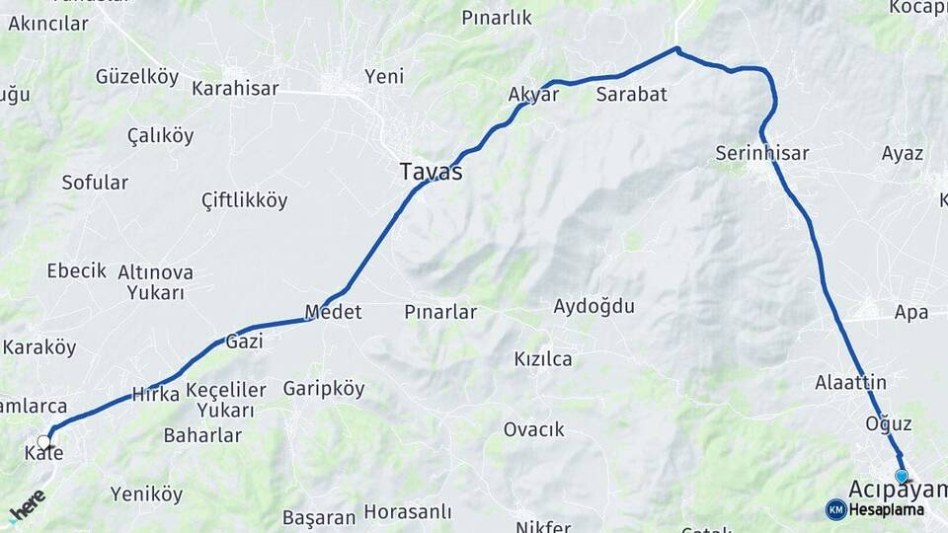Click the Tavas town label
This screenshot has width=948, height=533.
click(x=431, y=171)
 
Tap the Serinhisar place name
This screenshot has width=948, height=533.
click(x=761, y=153)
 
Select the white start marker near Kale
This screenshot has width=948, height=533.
click(x=44, y=441)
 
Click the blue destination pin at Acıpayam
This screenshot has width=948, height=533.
click(x=901, y=477)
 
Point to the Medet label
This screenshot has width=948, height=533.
click(x=333, y=312)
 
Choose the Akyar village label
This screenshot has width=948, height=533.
click(x=533, y=95)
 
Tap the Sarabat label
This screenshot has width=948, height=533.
click(x=632, y=95)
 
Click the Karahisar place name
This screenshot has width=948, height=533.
click(x=235, y=88)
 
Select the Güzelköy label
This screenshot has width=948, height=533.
click(x=136, y=76)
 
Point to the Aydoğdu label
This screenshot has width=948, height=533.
click(x=593, y=306)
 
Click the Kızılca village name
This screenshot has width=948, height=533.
click(x=543, y=358)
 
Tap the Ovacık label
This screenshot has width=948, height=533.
click(x=533, y=429)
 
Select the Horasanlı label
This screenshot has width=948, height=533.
click(x=407, y=512)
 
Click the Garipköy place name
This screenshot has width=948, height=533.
click(x=324, y=389)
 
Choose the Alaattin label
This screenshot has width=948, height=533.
click(x=850, y=382)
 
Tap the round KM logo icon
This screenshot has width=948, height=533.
click(x=835, y=509)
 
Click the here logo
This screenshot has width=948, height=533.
click(x=27, y=506)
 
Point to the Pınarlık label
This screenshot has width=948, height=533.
click(x=497, y=17)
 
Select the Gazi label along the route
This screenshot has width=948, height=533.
click(x=244, y=341)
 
